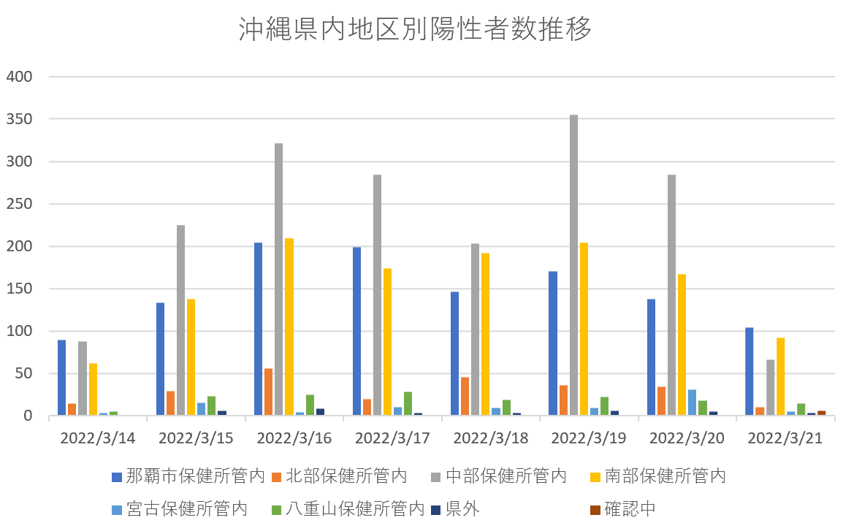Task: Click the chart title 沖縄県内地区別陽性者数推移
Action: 414,30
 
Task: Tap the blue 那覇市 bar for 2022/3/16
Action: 258,329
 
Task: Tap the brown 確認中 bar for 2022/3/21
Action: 822,413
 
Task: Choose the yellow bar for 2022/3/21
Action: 780,377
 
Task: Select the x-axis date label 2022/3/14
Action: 98,439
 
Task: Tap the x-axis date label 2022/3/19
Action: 589,439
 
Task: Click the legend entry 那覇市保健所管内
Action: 188,477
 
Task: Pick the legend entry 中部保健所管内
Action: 500,477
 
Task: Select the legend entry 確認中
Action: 623,508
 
